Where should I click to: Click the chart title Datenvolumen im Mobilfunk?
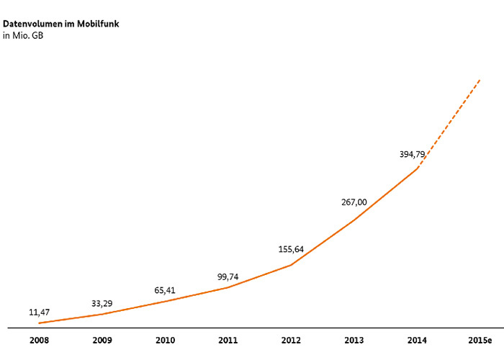(61, 24)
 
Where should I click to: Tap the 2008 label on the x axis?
(39, 340)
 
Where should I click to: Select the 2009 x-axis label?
(102, 340)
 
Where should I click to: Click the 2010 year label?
(165, 340)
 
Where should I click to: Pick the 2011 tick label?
(228, 340)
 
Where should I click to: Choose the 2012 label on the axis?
(291, 340)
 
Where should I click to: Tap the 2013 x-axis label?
(354, 340)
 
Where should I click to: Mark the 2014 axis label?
(417, 340)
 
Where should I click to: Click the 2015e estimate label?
(479, 340)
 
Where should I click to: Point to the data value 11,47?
(39, 312)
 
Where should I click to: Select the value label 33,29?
(102, 303)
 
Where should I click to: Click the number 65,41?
(165, 290)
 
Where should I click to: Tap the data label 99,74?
(228, 276)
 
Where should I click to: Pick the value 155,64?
(291, 249)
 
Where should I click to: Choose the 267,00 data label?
(354, 202)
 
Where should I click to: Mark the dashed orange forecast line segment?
(449, 124)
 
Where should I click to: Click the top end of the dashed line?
(480, 79)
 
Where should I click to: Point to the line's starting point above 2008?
(39, 323)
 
